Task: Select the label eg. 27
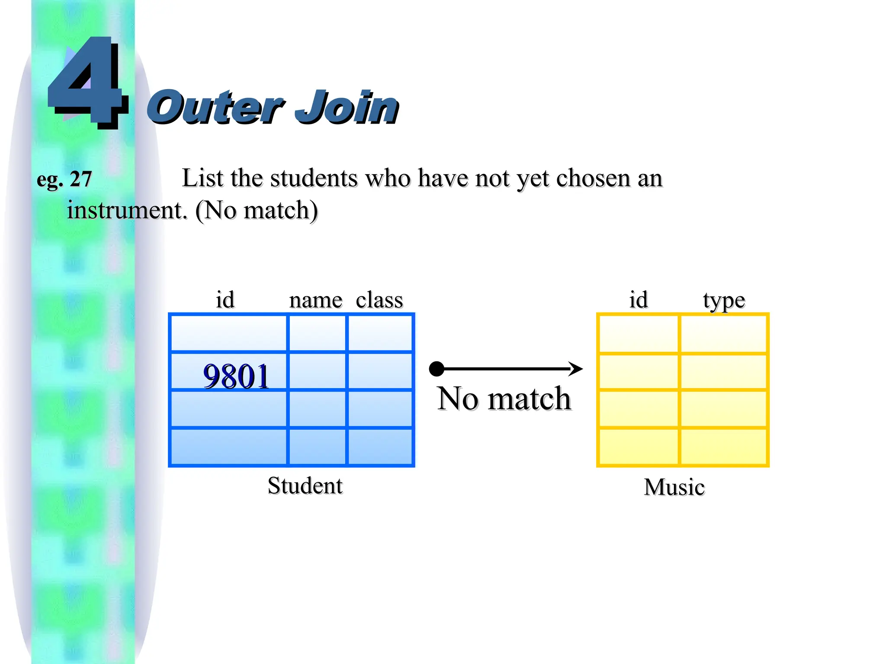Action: pyautogui.click(x=64, y=179)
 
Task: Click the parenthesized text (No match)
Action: pyautogui.click(x=257, y=211)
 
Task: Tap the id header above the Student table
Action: pyautogui.click(x=225, y=300)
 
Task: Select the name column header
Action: pyautogui.click(x=315, y=300)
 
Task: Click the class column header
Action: pyautogui.click(x=379, y=300)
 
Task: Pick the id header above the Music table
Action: pyautogui.click(x=638, y=300)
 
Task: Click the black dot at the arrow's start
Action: pyautogui.click(x=437, y=369)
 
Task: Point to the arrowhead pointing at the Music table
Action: pyautogui.click(x=576, y=369)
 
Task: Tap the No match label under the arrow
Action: pyautogui.click(x=504, y=398)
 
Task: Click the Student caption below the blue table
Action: pyautogui.click(x=305, y=485)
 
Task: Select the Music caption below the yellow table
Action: pyautogui.click(x=674, y=487)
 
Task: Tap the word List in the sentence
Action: pyautogui.click(x=202, y=178)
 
